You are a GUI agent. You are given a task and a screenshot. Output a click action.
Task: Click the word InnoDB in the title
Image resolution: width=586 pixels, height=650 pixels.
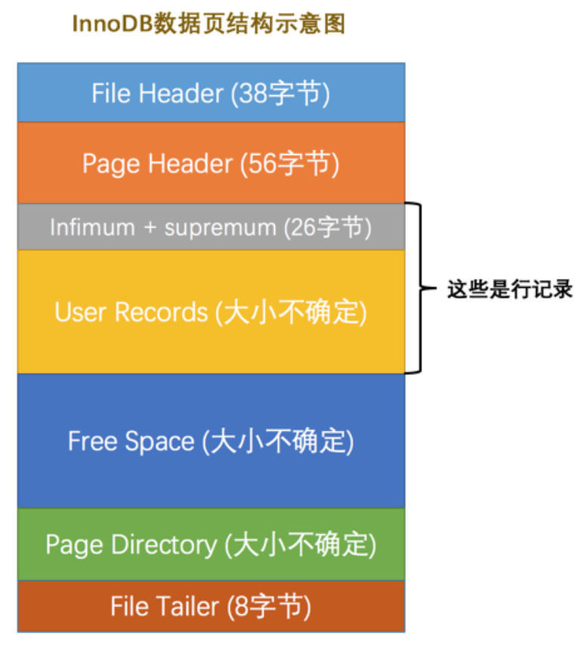(111, 24)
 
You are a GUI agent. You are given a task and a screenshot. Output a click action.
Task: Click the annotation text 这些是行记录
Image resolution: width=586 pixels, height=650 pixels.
(510, 289)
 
